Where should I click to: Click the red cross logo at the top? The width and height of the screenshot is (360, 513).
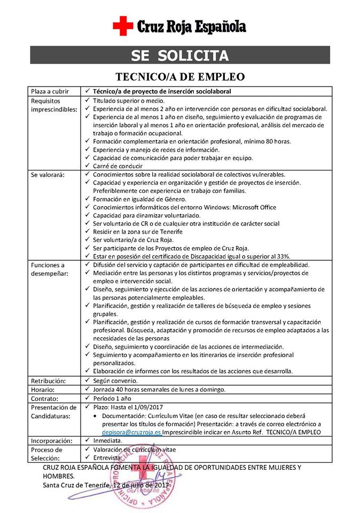pos(122,26)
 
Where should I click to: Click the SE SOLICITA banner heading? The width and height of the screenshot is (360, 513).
pos(180,56)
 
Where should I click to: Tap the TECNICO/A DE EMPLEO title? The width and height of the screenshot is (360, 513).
pos(180,76)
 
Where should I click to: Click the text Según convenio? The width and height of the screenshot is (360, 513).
pos(115,381)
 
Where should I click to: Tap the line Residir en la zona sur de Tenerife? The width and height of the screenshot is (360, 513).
pos(137,231)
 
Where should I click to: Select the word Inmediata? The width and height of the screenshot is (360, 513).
pos(107,441)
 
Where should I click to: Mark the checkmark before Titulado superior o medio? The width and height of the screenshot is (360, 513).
pos(87,100)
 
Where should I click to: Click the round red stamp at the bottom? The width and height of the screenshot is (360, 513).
pos(143,478)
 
